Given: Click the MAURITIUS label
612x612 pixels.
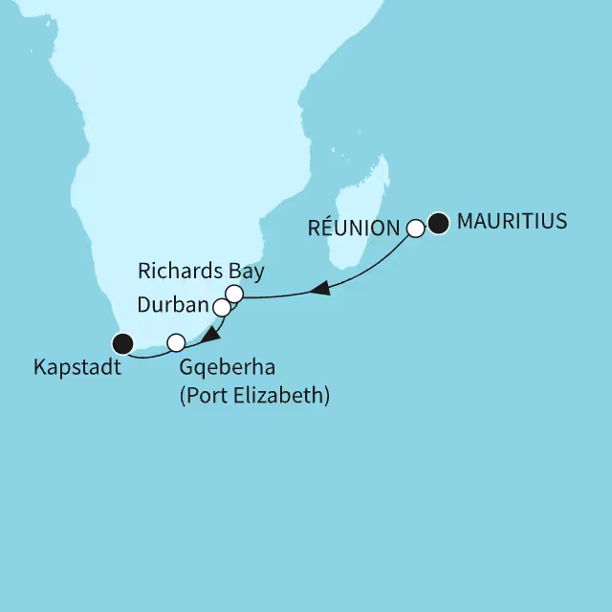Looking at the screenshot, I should click(513, 222).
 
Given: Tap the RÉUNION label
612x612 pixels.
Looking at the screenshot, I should click(355, 229).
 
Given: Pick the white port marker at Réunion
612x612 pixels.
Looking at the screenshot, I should click(415, 229).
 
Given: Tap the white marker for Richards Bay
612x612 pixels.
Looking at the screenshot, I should click(233, 293).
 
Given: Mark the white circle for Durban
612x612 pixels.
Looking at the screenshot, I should click(222, 308).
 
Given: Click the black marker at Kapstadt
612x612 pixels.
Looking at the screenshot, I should click(121, 342).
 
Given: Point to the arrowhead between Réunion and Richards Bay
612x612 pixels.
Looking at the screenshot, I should click(323, 288).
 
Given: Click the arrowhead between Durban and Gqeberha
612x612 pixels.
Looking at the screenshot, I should click(206, 335).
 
